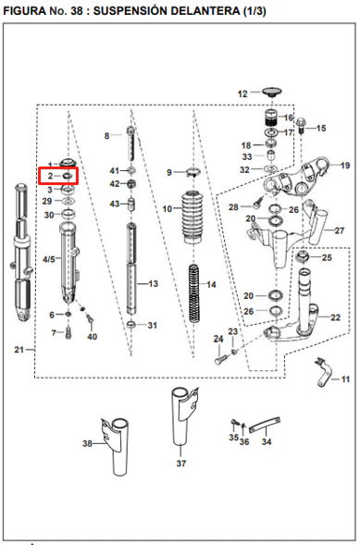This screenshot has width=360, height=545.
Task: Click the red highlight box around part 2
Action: pyautogui.click(x=39, y=176)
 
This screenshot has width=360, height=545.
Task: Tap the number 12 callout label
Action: pyautogui.click(x=242, y=93)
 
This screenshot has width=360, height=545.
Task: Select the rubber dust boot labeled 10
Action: pyautogui.click(x=192, y=217)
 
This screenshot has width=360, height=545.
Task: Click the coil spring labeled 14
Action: pyautogui.click(x=194, y=293)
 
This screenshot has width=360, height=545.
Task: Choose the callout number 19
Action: pyautogui.click(x=344, y=165)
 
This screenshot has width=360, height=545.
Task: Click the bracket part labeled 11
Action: pyautogui.click(x=323, y=372)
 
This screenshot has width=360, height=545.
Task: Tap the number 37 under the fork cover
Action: pyautogui.click(x=181, y=463)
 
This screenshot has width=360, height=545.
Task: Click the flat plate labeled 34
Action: pyautogui.click(x=265, y=425)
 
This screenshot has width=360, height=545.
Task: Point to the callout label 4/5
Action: pyautogui.click(x=49, y=259)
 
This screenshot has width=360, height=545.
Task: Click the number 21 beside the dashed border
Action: pyautogui.click(x=19, y=350)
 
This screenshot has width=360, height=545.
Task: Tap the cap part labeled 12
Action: pyautogui.click(x=272, y=93)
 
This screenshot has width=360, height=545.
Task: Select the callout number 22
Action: pyautogui.click(x=335, y=317)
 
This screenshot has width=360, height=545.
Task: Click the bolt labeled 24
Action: pyautogui.click(x=219, y=358)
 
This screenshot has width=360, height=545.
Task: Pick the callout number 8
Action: pyautogui.click(x=107, y=135)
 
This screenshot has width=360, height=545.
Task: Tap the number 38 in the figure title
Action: pyautogui.click(x=77, y=11)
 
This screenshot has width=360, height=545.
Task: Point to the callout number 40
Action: pyautogui.click(x=93, y=337)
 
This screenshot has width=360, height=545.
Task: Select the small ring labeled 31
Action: pyautogui.click(x=131, y=325)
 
